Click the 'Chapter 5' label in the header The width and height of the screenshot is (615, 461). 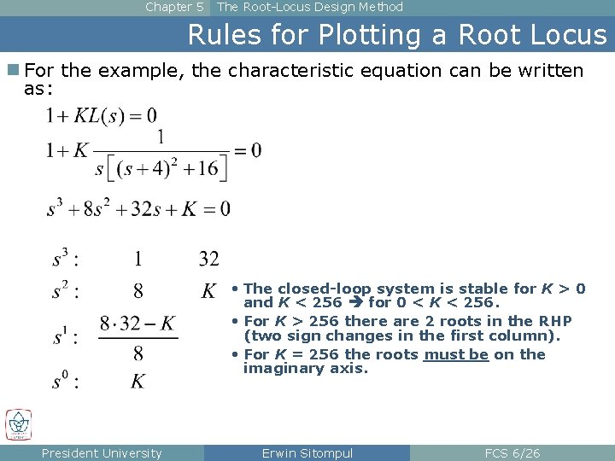point(174,7)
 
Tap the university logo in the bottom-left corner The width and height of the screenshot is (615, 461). point(18,424)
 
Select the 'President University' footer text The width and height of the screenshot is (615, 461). point(102,453)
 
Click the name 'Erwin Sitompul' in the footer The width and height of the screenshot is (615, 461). point(307,453)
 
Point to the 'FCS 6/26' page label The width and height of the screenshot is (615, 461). point(512,453)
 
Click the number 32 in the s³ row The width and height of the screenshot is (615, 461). point(209,259)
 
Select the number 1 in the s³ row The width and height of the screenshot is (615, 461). point(138,259)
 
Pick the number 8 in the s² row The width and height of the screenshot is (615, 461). point(138,292)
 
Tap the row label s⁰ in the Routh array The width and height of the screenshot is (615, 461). point(64,382)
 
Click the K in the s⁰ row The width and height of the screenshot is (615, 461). point(138,382)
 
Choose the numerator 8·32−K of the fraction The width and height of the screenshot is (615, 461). point(138,324)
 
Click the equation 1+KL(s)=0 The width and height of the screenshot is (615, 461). point(102,115)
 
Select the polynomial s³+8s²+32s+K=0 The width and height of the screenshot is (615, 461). point(138,208)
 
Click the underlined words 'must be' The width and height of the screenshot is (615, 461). point(456,354)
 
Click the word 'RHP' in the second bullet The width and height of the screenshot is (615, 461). point(554,321)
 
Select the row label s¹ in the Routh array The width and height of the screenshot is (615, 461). point(64,337)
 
